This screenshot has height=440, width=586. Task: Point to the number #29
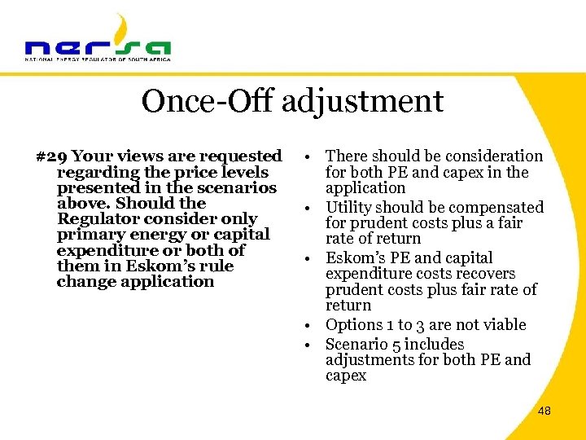[x=52, y=156]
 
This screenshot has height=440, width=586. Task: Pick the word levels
[x=243, y=172]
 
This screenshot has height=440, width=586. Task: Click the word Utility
[x=350, y=208]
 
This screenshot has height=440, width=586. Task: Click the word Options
[x=353, y=325]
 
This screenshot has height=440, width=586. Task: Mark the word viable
[x=503, y=325]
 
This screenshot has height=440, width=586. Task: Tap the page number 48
[x=544, y=411]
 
